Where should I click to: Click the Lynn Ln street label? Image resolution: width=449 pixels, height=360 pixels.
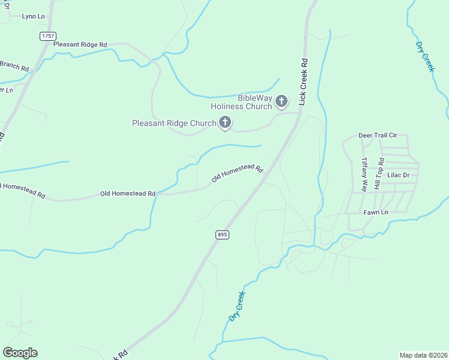click(x=33, y=16)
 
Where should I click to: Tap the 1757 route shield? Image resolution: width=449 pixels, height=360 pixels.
click(x=48, y=37)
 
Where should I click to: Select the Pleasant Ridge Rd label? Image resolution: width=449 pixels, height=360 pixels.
click(x=80, y=44)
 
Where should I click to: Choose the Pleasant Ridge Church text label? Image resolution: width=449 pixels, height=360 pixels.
click(x=173, y=124)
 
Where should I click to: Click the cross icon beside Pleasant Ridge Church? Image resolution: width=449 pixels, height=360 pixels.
click(x=225, y=123)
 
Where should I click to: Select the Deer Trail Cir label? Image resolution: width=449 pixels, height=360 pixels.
click(x=378, y=136)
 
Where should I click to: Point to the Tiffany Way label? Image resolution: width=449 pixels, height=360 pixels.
click(x=364, y=174)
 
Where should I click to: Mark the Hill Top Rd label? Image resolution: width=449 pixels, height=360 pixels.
click(x=378, y=174)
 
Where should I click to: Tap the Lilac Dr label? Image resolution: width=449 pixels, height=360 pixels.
click(x=398, y=175)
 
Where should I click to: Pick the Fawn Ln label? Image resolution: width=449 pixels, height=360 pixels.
click(x=376, y=212)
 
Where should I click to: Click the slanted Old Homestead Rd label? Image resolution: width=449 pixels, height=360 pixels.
click(x=237, y=173)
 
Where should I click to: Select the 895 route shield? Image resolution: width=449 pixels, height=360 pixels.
click(x=222, y=235)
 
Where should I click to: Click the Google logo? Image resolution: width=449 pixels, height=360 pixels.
click(x=20, y=353)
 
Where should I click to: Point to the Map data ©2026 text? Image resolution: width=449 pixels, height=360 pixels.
click(x=424, y=355)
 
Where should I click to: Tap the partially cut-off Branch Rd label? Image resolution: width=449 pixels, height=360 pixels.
click(x=14, y=66)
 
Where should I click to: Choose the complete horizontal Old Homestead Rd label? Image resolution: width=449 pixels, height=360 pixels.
click(x=128, y=194)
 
